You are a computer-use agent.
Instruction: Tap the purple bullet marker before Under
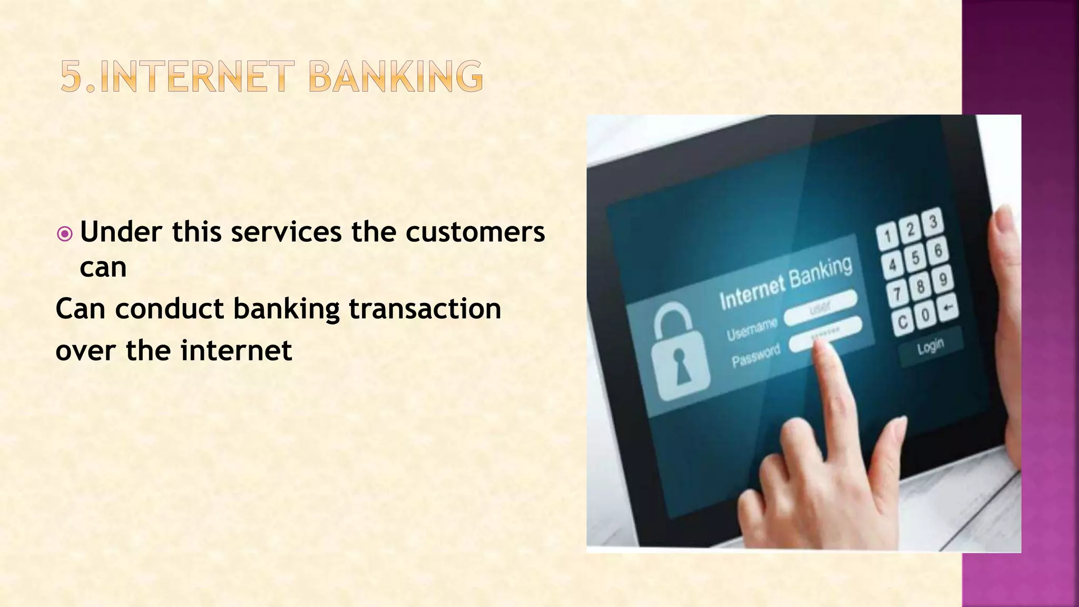coord(64,233)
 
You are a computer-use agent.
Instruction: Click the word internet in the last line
coord(236,350)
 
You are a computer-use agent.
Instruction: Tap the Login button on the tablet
coord(930,347)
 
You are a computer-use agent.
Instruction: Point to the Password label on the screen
coord(756,356)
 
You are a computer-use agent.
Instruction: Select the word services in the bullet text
coord(286,232)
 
